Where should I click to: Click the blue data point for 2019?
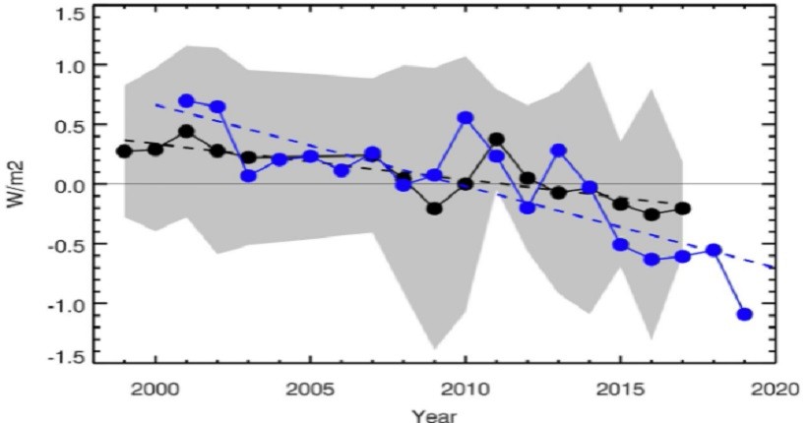point(744,314)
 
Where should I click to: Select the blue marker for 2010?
point(466,118)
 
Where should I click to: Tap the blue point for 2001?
point(187,100)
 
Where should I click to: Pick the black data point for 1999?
point(124,151)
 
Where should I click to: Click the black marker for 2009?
point(434,209)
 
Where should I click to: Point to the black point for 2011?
point(496,140)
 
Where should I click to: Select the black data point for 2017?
point(683,209)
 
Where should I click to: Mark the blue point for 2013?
point(558,151)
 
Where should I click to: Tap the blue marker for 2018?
point(714,250)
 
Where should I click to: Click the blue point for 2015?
point(620,244)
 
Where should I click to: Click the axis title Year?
point(434,415)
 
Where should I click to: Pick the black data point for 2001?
point(186,131)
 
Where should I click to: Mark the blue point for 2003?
point(248,176)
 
